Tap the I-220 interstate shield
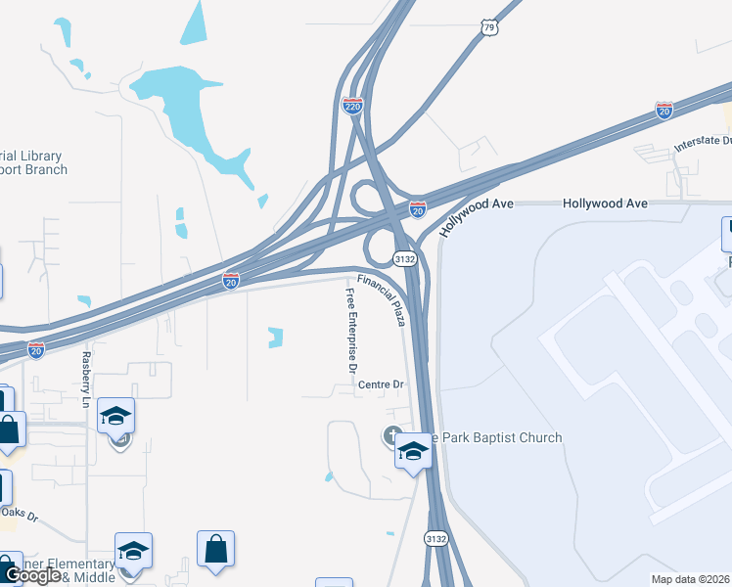pyautogui.click(x=353, y=105)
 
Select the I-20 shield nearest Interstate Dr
pyautogui.click(x=664, y=110)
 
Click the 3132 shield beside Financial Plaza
pyautogui.click(x=406, y=258)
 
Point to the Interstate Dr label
pyautogui.click(x=703, y=144)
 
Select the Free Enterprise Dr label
pyautogui.click(x=351, y=332)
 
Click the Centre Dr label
pyautogui.click(x=381, y=384)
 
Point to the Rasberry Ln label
pyautogui.click(x=86, y=380)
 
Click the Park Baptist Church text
pyautogui.click(x=499, y=437)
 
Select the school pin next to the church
pyautogui.click(x=413, y=452)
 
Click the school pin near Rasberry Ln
pyautogui.click(x=115, y=416)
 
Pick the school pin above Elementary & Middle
pyautogui.click(x=133, y=550)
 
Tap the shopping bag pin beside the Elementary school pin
pyautogui.click(x=215, y=550)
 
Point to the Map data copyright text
pyautogui.click(x=691, y=579)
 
